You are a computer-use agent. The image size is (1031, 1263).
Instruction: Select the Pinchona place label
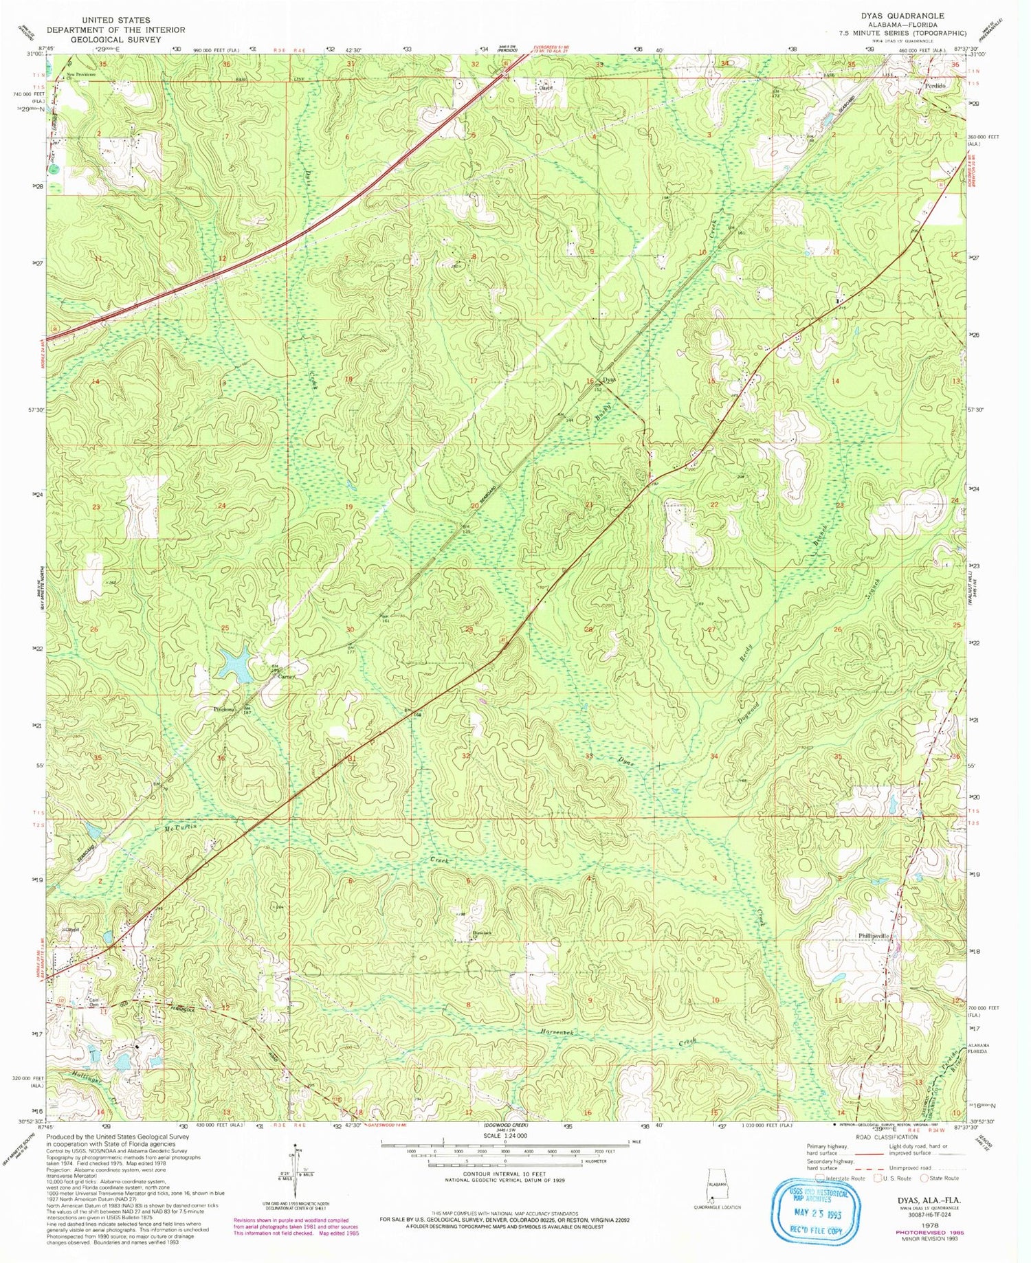pos(206,709)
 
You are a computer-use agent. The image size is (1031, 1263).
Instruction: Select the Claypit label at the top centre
pos(546,88)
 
